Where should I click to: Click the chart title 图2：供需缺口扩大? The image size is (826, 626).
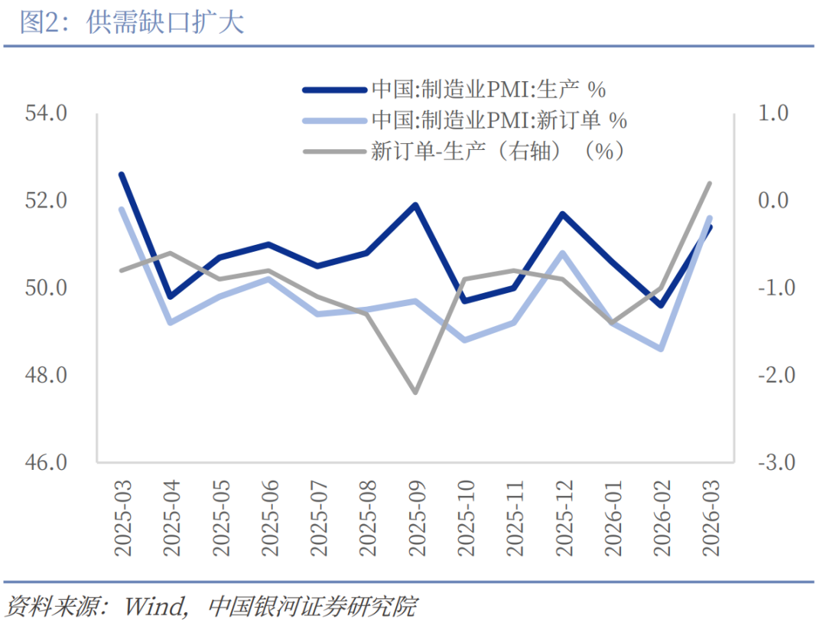(x=132, y=22)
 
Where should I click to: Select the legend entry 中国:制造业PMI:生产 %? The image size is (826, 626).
(x=489, y=90)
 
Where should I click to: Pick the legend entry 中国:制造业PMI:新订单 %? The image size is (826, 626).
(x=499, y=120)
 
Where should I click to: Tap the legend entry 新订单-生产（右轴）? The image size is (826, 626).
(x=498, y=151)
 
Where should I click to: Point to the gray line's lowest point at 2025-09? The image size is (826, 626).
(x=415, y=393)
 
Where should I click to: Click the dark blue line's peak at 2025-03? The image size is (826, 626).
(x=122, y=174)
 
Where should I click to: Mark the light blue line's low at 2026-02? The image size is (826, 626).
(x=661, y=349)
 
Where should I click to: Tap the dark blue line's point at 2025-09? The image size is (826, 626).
(x=415, y=205)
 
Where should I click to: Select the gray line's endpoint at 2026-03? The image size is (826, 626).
(x=710, y=184)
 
